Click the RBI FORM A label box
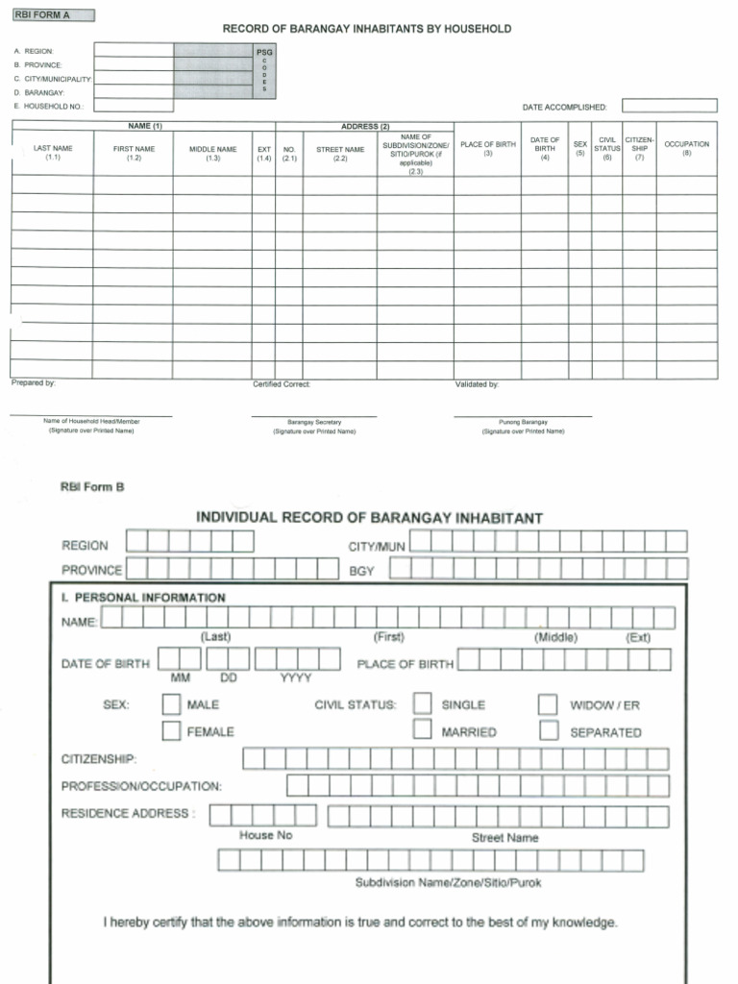[x=54, y=15]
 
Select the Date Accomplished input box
[x=669, y=106]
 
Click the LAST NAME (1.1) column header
[x=52, y=152]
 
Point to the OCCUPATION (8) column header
[x=686, y=148]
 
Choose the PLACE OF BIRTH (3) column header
[x=487, y=148]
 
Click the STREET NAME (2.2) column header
[x=340, y=153]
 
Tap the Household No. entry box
[x=134, y=106]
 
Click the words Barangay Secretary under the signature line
[x=314, y=422]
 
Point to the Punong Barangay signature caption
[x=523, y=422]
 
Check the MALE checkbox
[x=171, y=704]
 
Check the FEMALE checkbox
[x=171, y=731]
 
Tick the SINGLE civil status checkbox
[x=422, y=704]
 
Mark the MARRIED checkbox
[x=422, y=731]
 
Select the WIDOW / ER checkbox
[x=548, y=704]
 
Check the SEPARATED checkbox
[x=548, y=731]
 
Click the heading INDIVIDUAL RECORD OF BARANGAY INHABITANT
[x=369, y=518]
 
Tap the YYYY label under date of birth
[x=296, y=677]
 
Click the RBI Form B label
[x=92, y=487]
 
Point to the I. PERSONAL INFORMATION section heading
[x=143, y=598]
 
